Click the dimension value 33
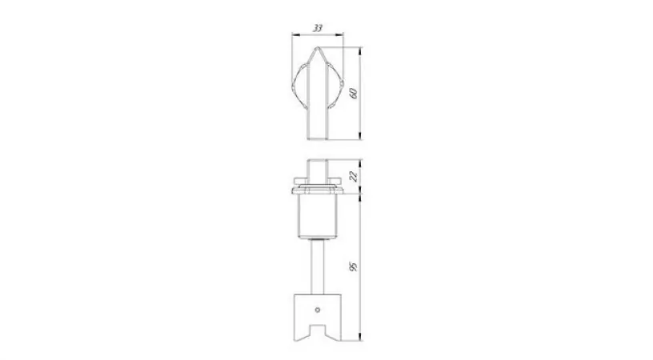318,28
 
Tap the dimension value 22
355,177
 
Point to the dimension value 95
355,266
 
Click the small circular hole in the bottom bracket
318,310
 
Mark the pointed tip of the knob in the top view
318,47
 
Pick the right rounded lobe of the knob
335,86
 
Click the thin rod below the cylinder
318,267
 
